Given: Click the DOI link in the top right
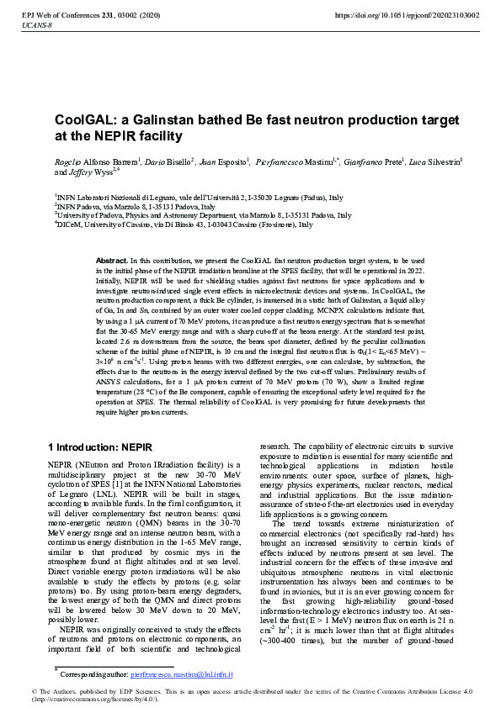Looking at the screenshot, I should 408,15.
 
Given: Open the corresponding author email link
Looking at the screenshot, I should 181,674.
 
